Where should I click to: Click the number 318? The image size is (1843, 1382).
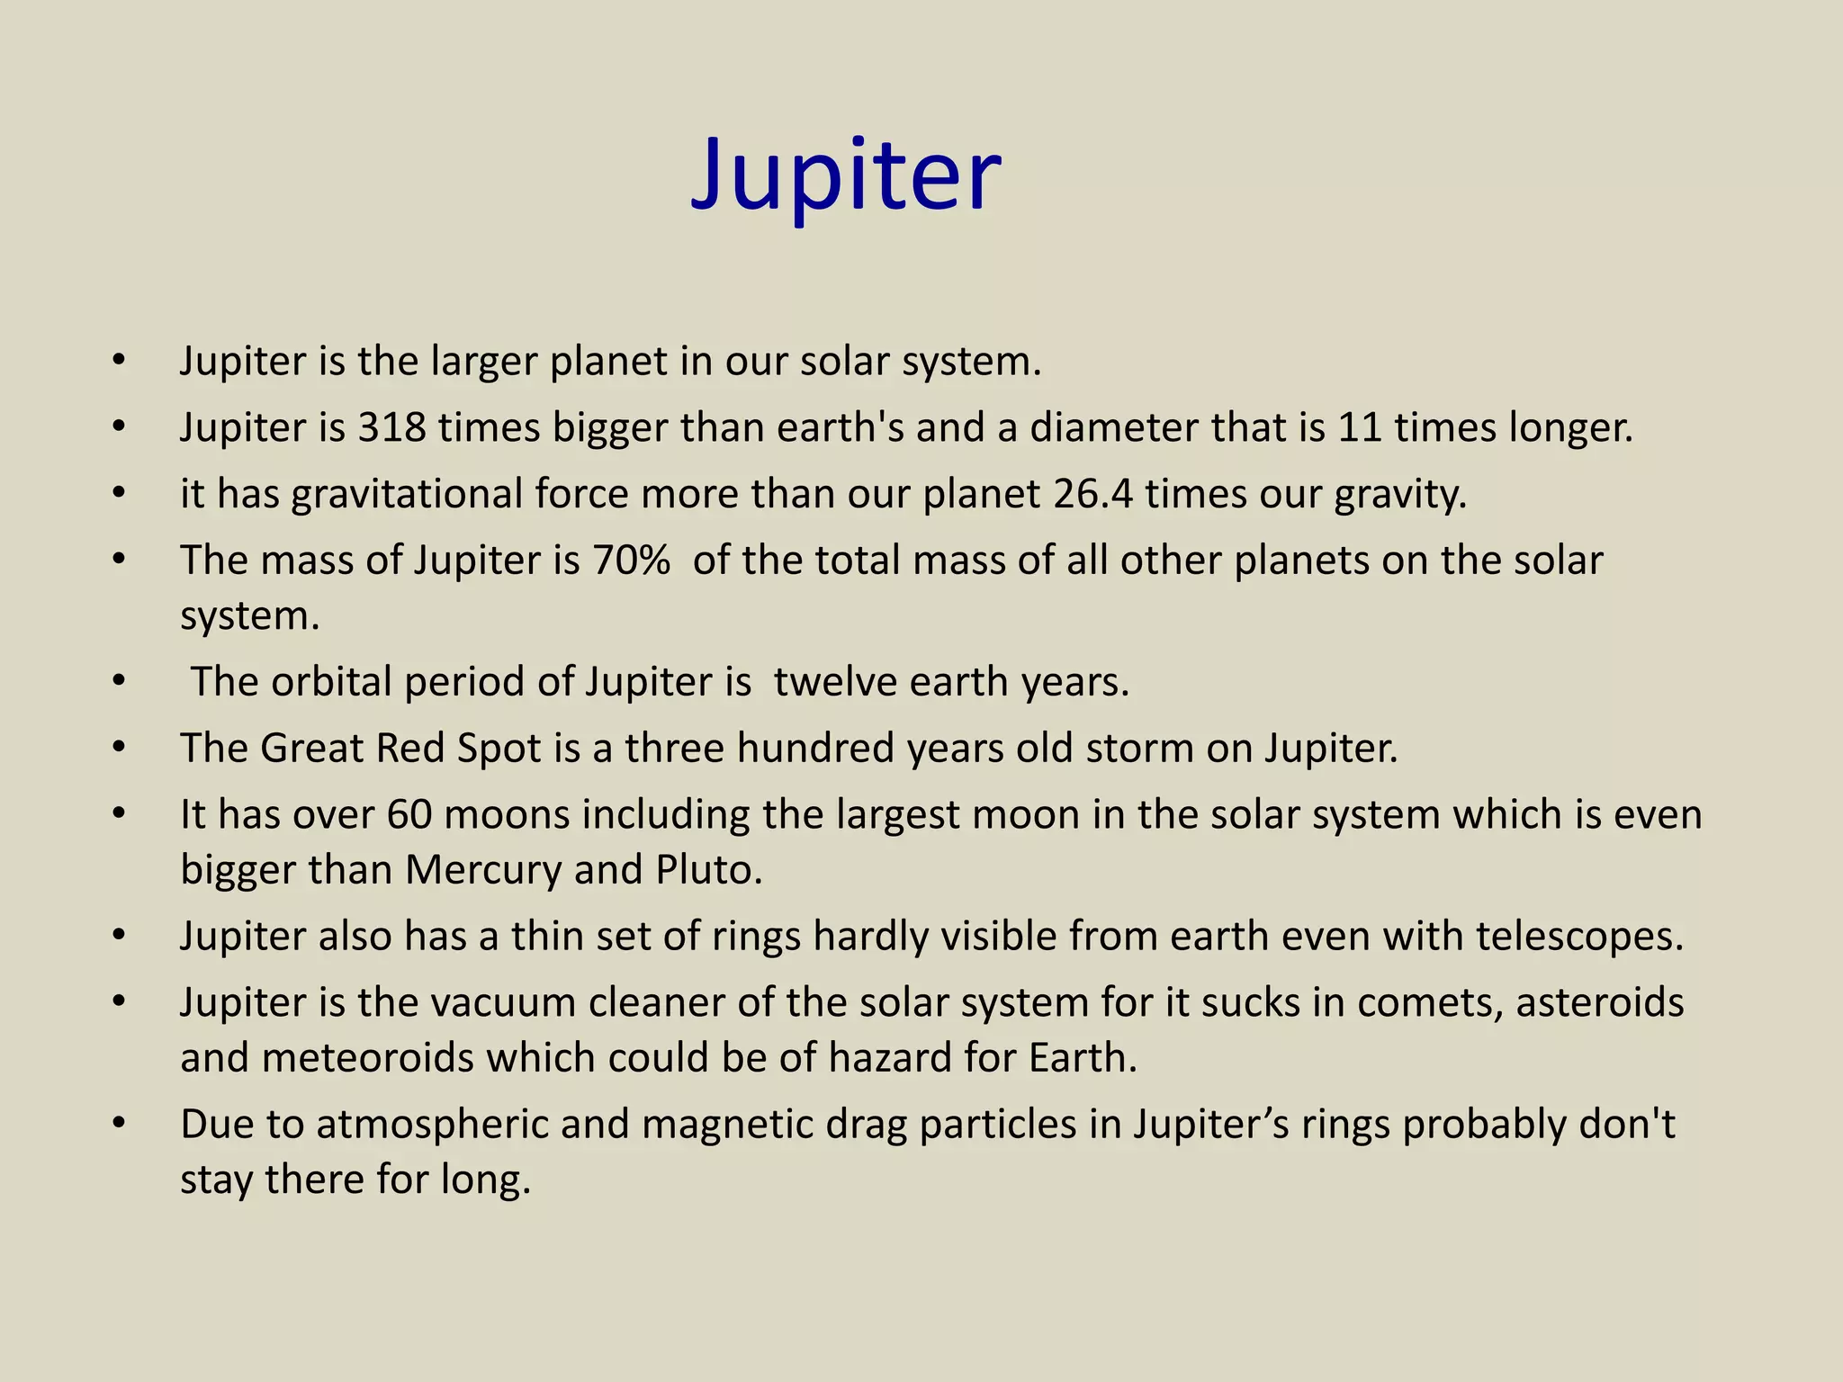[x=391, y=427]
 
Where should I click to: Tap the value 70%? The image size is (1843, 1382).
[x=631, y=561]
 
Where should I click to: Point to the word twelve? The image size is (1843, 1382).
[x=835, y=682]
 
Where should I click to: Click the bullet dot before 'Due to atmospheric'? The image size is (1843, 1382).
[x=119, y=1125]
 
